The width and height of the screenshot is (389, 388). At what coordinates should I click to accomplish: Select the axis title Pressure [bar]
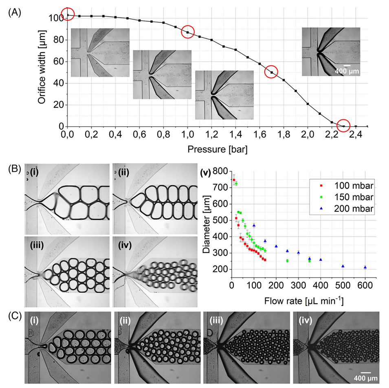point(218,149)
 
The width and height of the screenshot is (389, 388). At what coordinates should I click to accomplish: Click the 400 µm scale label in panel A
point(346,72)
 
